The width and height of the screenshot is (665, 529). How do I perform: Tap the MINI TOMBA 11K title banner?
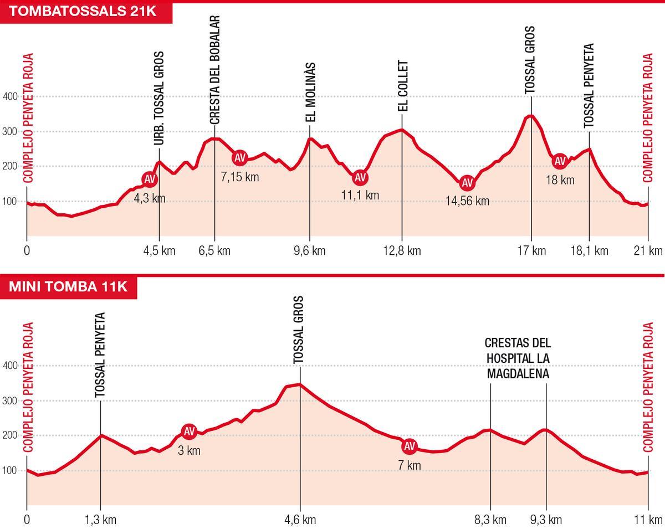pos(68,286)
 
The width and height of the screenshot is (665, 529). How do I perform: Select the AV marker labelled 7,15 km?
pos(239,158)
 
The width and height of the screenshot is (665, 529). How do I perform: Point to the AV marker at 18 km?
pos(560,161)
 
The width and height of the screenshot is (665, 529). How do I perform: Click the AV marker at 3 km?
pos(189,431)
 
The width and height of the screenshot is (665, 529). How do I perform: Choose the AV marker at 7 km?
pos(409,446)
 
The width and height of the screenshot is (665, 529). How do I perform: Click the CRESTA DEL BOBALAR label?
pos(215,69)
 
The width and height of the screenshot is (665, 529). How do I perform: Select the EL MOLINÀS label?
pos(310,92)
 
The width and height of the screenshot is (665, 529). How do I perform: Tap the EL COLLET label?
pos(403,86)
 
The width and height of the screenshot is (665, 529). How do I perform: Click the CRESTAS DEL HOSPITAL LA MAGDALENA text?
pos(518,358)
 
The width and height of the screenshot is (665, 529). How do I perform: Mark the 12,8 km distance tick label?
pos(402,251)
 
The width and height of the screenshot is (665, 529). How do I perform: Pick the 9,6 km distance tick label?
pos(310,251)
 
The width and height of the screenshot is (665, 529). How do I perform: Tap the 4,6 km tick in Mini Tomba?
pos(300,520)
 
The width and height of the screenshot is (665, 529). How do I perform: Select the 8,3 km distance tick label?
pos(491,520)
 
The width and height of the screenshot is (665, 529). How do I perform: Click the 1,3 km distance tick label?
pos(101,520)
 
